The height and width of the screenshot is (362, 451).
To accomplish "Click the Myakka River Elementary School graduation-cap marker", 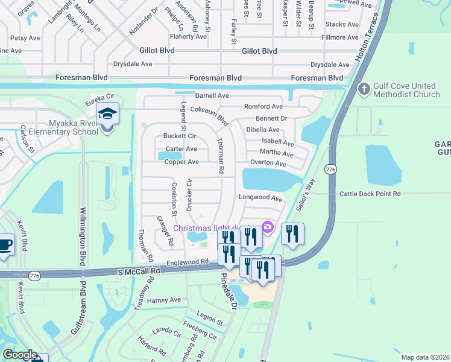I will pos(107,114).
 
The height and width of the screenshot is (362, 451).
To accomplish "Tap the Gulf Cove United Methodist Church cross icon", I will pos(364,89).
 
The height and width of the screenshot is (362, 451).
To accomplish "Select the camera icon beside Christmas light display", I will pos(268,227).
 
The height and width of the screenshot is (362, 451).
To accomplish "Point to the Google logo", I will pos(20,355).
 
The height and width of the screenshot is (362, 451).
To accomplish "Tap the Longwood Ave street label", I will pos(260,198).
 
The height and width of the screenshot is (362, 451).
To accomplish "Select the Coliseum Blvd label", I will pos(209,113).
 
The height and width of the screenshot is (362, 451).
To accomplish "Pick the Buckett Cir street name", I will pos(179,136).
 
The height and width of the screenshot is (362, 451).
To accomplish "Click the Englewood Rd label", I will pos(187,262).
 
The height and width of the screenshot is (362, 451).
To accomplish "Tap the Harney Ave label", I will pos(163,300).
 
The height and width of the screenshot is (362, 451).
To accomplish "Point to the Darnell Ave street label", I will pos(212,95).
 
